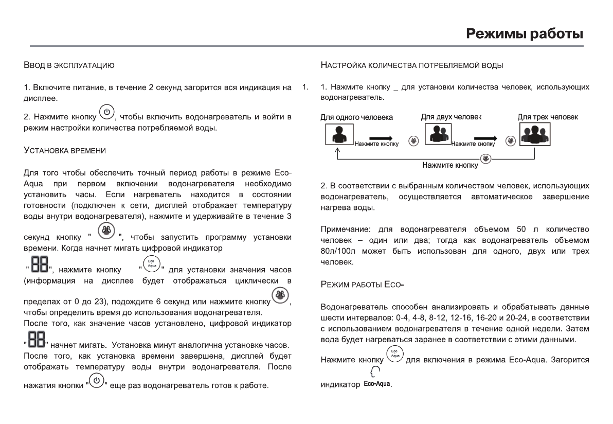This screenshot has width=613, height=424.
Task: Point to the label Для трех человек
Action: coord(547,117)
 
